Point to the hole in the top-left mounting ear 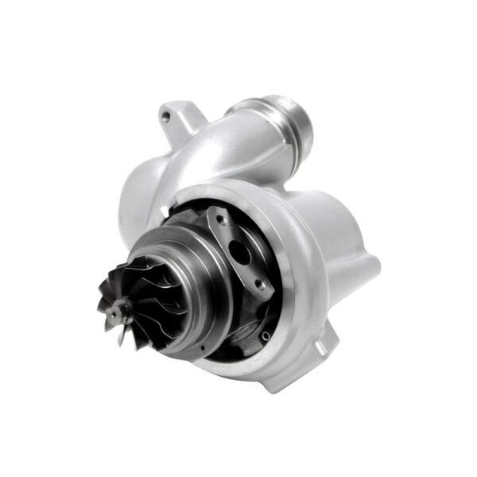(165, 117)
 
